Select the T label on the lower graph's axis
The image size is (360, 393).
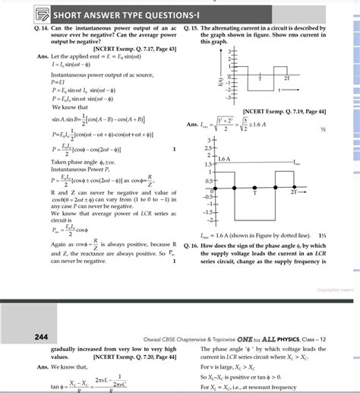coord(257,193)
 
